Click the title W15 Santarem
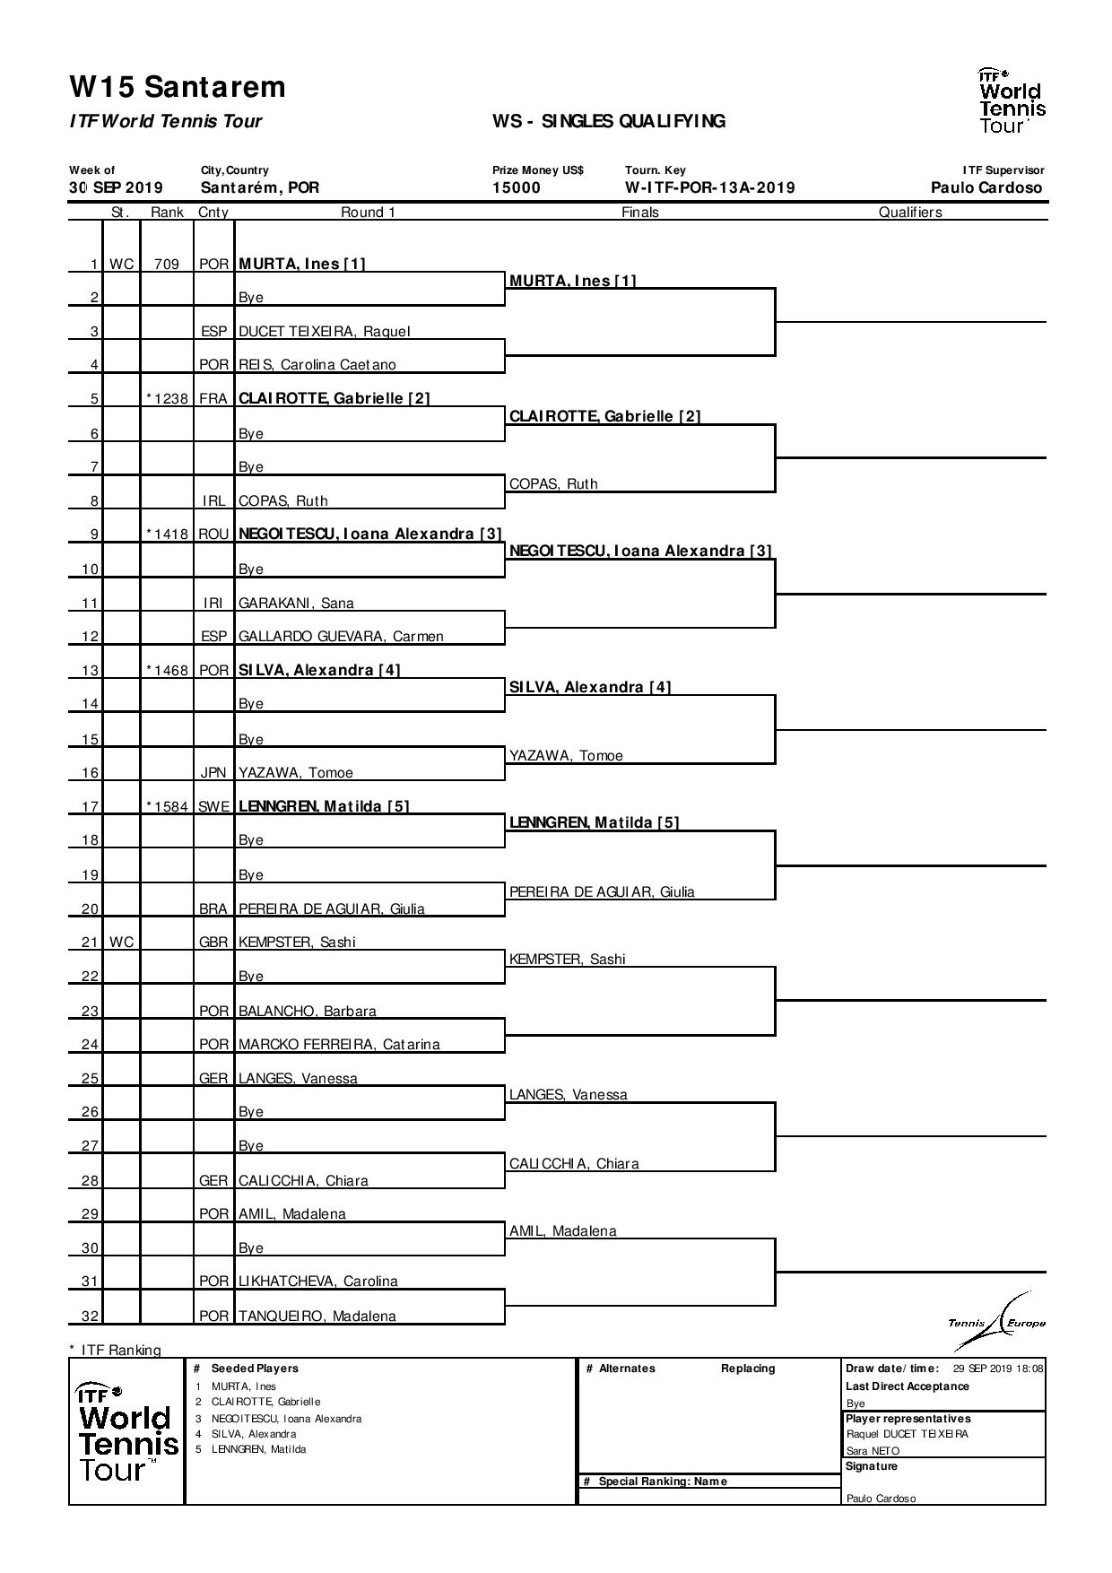[x=178, y=87]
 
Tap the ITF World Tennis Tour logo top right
[x=1012, y=100]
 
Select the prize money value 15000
[x=517, y=188]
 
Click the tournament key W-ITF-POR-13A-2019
[x=709, y=188]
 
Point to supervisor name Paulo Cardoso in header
[x=986, y=188]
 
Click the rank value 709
[x=167, y=265]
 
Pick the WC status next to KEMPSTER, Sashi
[x=122, y=943]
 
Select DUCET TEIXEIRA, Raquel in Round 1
[x=324, y=332]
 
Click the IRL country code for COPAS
[x=213, y=501]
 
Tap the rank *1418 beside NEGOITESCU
[x=167, y=534]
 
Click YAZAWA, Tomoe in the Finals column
[x=566, y=756]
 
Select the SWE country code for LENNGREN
[x=213, y=807]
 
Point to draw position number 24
[x=90, y=1045]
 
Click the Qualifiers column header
[x=909, y=213]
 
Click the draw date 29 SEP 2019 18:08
[x=997, y=1369]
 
